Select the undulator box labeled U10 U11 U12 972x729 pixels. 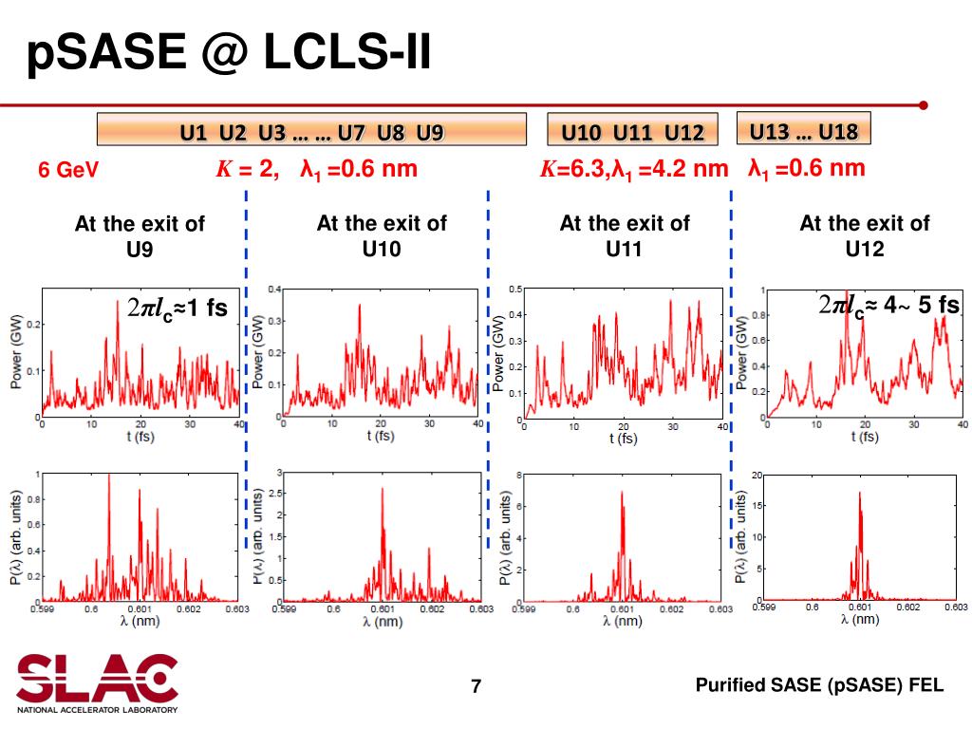coord(632,131)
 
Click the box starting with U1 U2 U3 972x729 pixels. coord(312,131)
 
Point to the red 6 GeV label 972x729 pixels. coord(68,172)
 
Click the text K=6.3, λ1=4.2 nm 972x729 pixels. coord(634,170)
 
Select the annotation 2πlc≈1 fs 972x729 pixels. coord(178,308)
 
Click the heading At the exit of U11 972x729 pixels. coord(625,235)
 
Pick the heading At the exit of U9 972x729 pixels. coord(140,236)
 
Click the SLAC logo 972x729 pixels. coord(97,681)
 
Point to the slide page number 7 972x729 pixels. coord(477,686)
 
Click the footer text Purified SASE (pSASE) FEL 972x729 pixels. coord(819,685)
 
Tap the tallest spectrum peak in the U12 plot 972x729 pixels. coord(859,493)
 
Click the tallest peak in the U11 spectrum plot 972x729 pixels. coord(622,492)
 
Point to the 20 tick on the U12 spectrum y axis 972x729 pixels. coord(757,475)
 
